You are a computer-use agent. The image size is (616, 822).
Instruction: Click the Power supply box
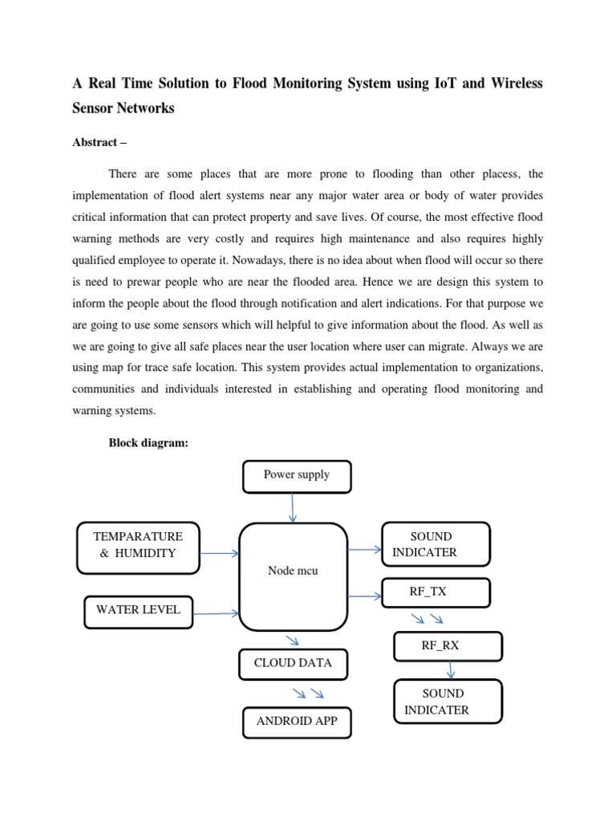pyautogui.click(x=297, y=475)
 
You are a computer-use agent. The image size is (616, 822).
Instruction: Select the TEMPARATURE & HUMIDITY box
pyautogui.click(x=138, y=547)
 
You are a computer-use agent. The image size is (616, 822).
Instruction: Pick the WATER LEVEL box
pyautogui.click(x=138, y=611)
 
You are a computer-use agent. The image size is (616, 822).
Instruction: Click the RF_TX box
pyautogui.click(x=436, y=592)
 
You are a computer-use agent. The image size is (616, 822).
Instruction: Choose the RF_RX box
pyautogui.click(x=448, y=645)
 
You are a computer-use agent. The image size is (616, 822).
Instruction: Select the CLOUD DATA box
pyautogui.click(x=293, y=664)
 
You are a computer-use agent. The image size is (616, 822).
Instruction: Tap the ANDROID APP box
pyautogui.click(x=297, y=722)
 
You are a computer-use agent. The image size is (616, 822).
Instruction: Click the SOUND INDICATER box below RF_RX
pyautogui.click(x=448, y=702)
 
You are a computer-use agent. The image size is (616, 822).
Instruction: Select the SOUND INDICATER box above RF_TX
pyautogui.click(x=436, y=543)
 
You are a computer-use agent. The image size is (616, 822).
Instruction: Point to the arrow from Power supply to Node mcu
pyautogui.click(x=294, y=507)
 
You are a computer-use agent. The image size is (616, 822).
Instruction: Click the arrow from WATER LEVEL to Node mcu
pyautogui.click(x=217, y=614)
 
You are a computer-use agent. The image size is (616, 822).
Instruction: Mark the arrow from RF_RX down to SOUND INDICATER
pyautogui.click(x=451, y=669)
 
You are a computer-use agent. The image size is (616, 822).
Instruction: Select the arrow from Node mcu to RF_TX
pyautogui.click(x=365, y=596)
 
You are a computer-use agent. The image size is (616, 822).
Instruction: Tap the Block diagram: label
pyautogui.click(x=148, y=443)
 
